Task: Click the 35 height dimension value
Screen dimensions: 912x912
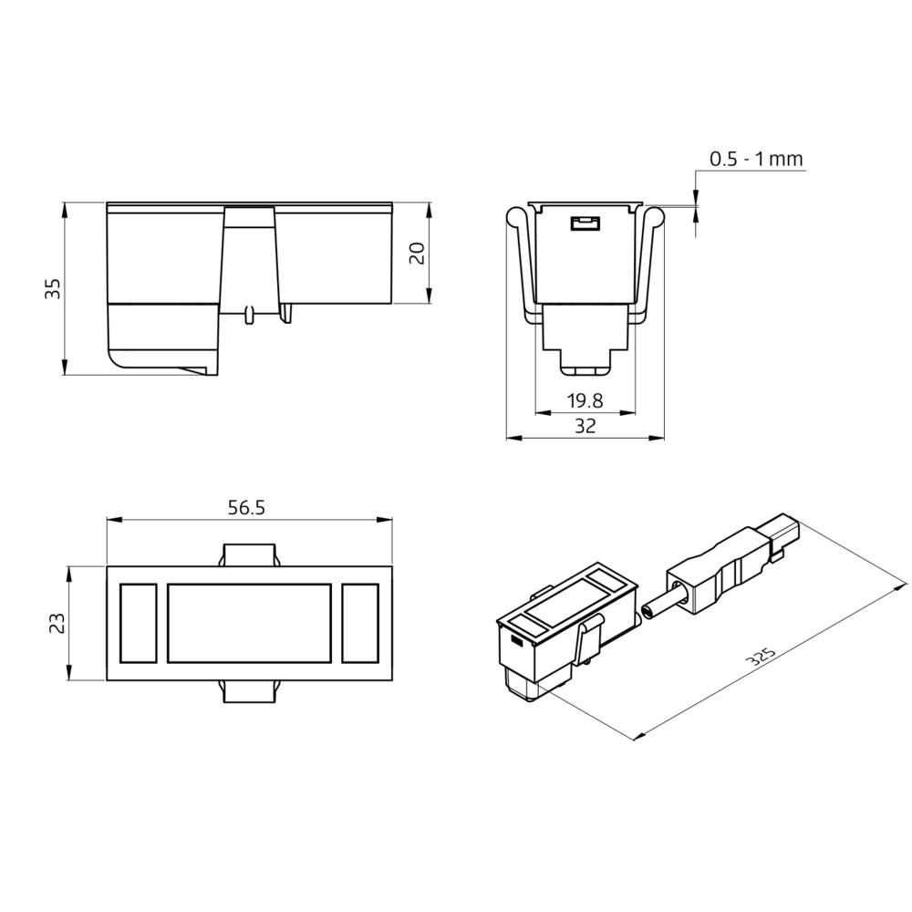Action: [x=53, y=289]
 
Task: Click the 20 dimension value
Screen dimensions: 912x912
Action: [x=417, y=254]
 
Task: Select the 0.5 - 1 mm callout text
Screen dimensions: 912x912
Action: [x=756, y=160]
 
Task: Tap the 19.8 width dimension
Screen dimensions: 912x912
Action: [x=585, y=400]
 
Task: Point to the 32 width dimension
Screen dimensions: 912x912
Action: [x=585, y=426]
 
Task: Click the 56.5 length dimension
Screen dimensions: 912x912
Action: [x=246, y=508]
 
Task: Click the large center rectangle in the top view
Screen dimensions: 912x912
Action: [x=248, y=623]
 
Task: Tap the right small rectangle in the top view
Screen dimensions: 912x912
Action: [x=359, y=623]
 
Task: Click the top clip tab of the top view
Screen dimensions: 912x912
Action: [x=250, y=554]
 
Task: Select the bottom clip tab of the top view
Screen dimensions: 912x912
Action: [x=250, y=692]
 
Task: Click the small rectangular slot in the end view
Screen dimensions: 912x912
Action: [x=584, y=223]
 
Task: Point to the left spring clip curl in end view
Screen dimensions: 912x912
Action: [x=516, y=216]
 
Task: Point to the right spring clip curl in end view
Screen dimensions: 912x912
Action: [x=654, y=216]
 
